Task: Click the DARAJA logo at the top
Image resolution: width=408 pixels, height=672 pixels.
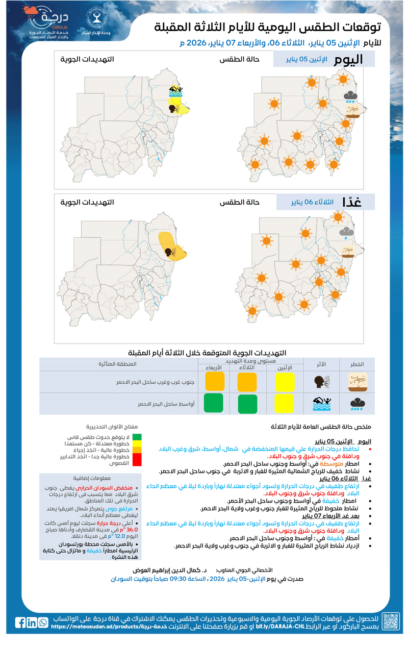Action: click(x=48, y=23)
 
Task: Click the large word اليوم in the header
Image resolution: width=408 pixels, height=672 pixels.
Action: click(x=348, y=60)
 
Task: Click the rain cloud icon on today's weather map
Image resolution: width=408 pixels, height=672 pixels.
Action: click(x=351, y=96)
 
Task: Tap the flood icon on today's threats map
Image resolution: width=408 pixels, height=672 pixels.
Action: click(x=176, y=92)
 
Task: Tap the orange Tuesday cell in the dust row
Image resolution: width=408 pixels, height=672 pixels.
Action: click(x=247, y=382)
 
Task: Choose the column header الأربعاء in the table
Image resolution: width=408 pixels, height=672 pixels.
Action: click(x=214, y=367)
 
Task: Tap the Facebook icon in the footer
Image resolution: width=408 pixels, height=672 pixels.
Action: click(x=20, y=623)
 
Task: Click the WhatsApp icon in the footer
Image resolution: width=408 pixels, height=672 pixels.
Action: click(x=43, y=623)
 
